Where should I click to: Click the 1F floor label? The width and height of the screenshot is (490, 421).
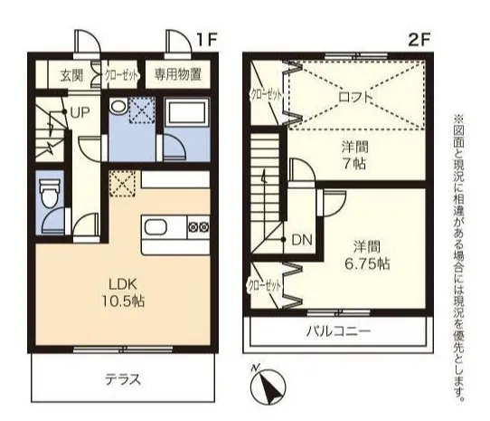(206, 40)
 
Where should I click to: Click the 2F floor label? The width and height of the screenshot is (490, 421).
(419, 40)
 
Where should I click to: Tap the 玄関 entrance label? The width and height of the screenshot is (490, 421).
(72, 75)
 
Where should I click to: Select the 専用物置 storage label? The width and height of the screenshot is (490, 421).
(178, 75)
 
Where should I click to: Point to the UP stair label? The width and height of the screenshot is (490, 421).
(80, 112)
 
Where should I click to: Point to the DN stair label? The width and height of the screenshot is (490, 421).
(302, 240)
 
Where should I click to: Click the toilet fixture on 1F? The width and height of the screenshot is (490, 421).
(50, 194)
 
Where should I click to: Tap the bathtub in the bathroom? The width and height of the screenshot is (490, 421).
(188, 112)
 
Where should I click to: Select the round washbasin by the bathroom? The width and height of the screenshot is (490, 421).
(118, 107)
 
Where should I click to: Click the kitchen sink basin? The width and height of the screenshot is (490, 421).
(155, 226)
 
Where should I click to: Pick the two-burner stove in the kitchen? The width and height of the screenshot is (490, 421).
(199, 226)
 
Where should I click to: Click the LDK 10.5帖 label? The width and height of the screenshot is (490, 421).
(123, 292)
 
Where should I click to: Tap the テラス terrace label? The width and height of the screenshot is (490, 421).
(123, 379)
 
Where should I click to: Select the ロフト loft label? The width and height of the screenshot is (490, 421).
(356, 97)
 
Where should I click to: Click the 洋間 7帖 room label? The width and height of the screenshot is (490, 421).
(354, 155)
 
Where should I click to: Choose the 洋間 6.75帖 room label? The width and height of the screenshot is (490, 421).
(367, 255)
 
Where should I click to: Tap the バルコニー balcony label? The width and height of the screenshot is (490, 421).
(338, 330)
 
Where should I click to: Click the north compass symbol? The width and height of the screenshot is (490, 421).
(269, 386)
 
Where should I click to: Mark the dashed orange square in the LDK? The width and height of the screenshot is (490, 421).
(122, 183)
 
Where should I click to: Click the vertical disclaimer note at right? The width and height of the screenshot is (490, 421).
(458, 257)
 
